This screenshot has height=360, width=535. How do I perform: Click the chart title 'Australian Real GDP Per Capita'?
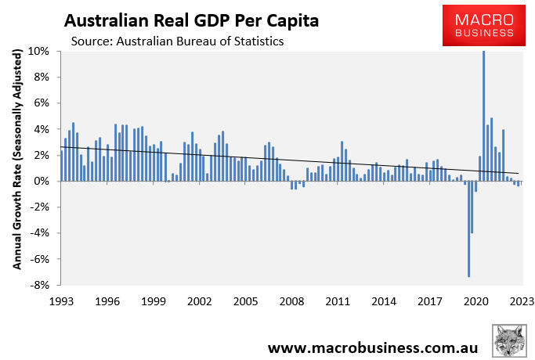(x=191, y=18)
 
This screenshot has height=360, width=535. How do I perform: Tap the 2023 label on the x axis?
(x=522, y=301)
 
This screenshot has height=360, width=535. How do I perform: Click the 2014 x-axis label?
(x=383, y=301)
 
